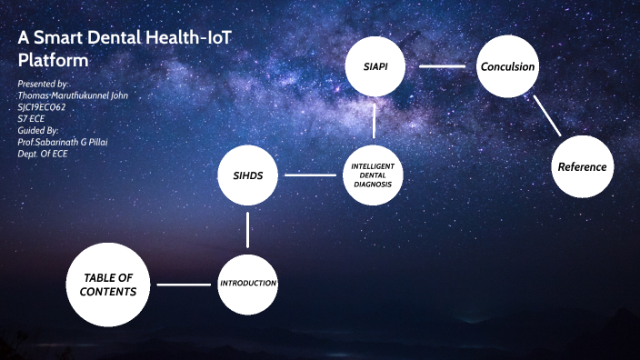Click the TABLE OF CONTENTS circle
coord(108,285)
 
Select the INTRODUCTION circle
coord(247,284)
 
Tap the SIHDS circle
coord(247,174)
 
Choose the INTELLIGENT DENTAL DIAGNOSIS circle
coord(374,174)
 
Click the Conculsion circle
coord(507,66)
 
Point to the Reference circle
coord(583,166)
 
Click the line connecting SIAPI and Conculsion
coord(442,66)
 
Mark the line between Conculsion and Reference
coord(547,116)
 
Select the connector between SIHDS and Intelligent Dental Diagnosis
coord(310,175)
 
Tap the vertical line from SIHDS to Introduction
coord(247,229)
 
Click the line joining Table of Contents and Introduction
coord(184,285)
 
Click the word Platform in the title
coord(54,61)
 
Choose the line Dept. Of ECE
coord(43,154)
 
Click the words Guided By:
coord(40,130)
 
